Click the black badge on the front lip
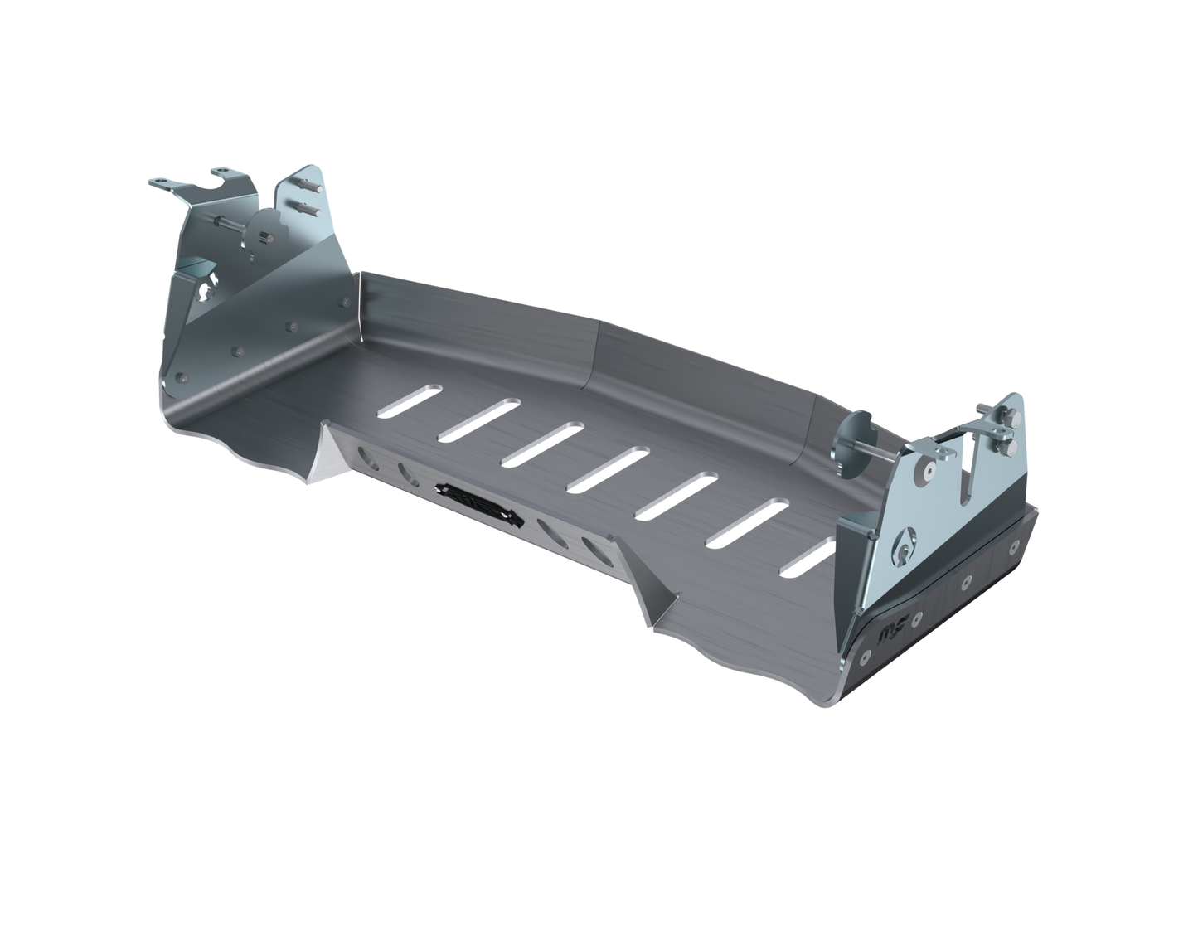[480, 502]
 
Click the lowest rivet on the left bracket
[178, 379]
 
